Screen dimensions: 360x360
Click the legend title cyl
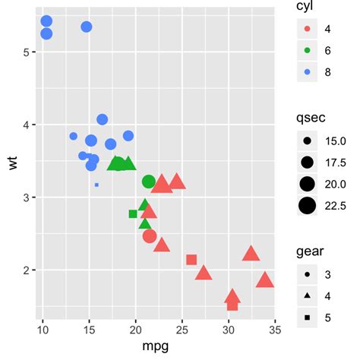[x=306, y=8]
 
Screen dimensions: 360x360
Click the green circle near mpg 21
[x=148, y=182]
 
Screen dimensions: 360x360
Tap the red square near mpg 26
[x=192, y=260]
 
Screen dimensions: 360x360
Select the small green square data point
[x=133, y=214]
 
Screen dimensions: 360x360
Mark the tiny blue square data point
[x=96, y=185]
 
